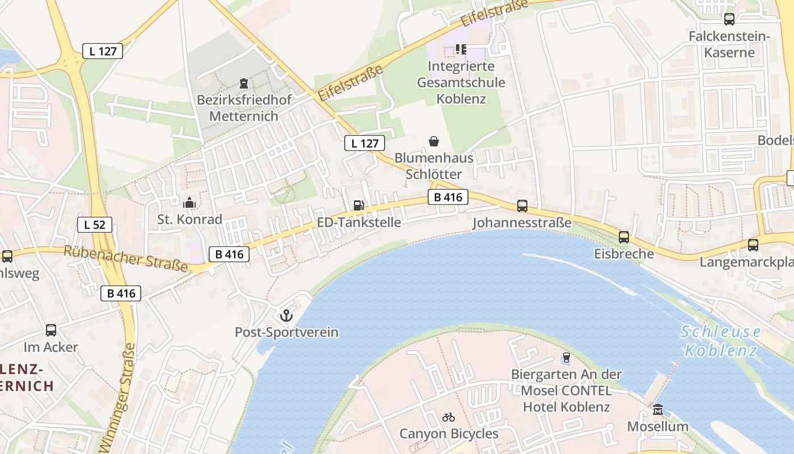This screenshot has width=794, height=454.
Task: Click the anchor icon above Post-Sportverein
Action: click(x=286, y=315)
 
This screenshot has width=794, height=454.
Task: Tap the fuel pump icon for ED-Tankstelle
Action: click(x=358, y=205)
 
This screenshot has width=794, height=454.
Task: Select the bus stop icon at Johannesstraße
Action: click(x=522, y=205)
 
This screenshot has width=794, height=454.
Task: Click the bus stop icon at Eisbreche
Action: click(x=624, y=237)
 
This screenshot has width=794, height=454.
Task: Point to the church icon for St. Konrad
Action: click(x=189, y=202)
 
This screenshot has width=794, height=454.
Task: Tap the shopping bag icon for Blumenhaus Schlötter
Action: click(x=434, y=141)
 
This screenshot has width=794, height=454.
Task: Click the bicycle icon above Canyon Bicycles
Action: click(x=449, y=417)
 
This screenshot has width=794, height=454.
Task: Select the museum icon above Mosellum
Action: click(x=657, y=409)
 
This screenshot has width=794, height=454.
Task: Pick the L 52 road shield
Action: click(x=95, y=225)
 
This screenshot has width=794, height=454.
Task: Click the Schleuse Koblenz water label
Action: click(x=720, y=341)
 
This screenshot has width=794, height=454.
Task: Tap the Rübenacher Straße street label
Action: click(x=125, y=258)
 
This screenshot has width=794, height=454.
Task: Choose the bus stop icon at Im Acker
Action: click(x=51, y=330)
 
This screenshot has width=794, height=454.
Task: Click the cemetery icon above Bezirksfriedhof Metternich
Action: click(x=244, y=83)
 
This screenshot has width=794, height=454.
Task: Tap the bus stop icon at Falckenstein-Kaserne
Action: click(x=729, y=19)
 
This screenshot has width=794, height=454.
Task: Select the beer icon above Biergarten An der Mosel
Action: click(x=565, y=358)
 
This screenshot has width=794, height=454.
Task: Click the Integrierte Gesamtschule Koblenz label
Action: click(x=461, y=82)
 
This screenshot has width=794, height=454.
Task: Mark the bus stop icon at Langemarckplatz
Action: click(x=753, y=245)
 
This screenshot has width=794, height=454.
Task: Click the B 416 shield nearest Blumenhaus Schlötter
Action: click(x=448, y=197)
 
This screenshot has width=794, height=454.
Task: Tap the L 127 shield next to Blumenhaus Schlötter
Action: click(x=365, y=143)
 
